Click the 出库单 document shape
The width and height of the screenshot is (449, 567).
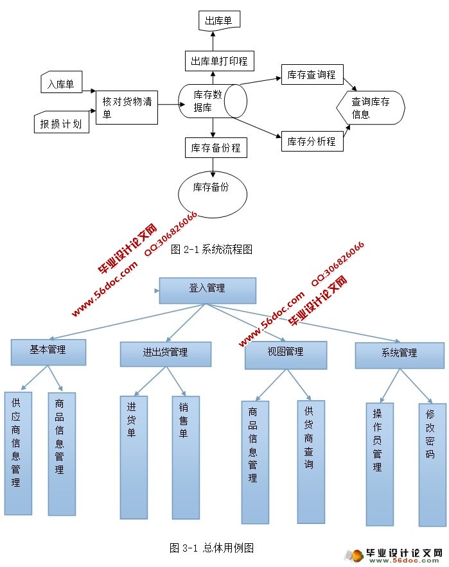click(218, 21)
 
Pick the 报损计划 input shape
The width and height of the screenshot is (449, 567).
click(61, 123)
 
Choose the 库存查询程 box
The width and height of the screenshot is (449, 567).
click(312, 75)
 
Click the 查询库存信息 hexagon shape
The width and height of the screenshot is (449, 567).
click(371, 107)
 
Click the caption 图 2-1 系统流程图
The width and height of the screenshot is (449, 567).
click(211, 250)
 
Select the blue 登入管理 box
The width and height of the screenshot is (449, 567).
click(207, 290)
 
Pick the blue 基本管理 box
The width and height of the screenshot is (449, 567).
click(48, 352)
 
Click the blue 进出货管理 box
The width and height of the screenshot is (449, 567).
click(165, 354)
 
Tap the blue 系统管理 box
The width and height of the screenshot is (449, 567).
click(399, 354)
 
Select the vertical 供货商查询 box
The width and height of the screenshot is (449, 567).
click(310, 460)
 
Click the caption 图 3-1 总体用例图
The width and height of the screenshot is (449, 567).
click(212, 548)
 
